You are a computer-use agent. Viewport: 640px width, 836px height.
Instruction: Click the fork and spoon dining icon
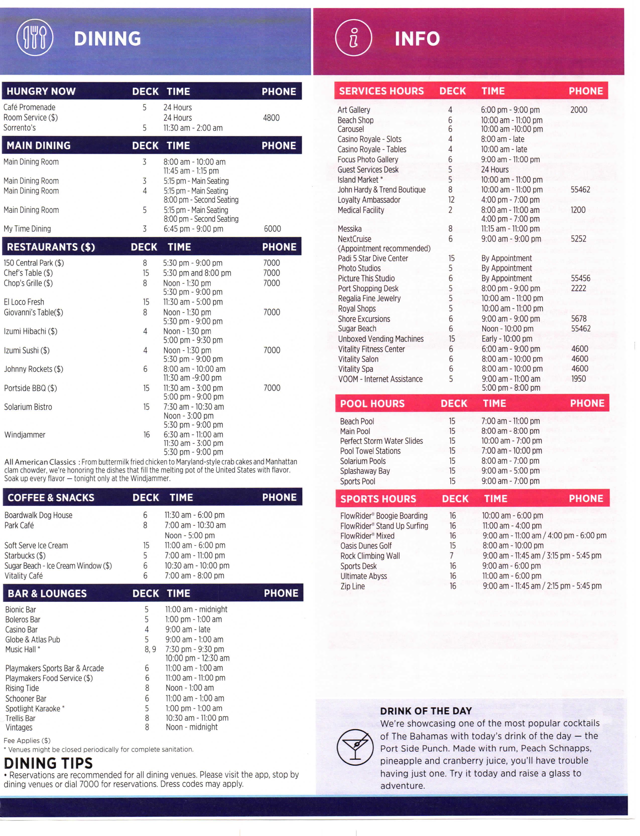click(x=35, y=37)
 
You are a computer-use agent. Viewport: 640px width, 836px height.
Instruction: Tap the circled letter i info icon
click(x=353, y=38)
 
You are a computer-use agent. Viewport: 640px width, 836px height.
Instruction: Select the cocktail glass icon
click(x=355, y=748)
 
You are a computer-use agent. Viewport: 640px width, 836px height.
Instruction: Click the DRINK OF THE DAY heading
click(x=425, y=711)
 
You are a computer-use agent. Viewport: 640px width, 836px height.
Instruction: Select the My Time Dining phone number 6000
click(x=272, y=229)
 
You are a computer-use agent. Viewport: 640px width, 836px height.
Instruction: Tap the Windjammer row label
click(x=25, y=435)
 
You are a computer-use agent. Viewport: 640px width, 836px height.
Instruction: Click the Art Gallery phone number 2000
click(x=578, y=110)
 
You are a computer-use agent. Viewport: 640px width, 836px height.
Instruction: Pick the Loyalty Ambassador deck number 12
click(x=451, y=200)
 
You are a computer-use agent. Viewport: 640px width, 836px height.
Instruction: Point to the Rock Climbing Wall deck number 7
click(x=452, y=556)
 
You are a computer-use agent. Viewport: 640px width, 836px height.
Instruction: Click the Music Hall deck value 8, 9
click(x=150, y=649)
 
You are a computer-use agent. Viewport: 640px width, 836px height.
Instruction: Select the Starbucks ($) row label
click(x=25, y=556)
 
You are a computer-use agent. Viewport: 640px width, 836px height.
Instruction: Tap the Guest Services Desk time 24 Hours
click(x=494, y=169)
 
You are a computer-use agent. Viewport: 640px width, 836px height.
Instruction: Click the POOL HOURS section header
click(x=372, y=403)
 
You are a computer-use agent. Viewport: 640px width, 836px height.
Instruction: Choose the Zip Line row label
click(x=352, y=586)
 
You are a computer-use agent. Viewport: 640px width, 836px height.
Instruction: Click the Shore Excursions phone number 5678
click(x=578, y=319)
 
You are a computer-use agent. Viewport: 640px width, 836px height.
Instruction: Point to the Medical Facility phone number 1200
click(x=578, y=210)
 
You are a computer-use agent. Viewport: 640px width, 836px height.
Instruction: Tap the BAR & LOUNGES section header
click(x=47, y=593)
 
